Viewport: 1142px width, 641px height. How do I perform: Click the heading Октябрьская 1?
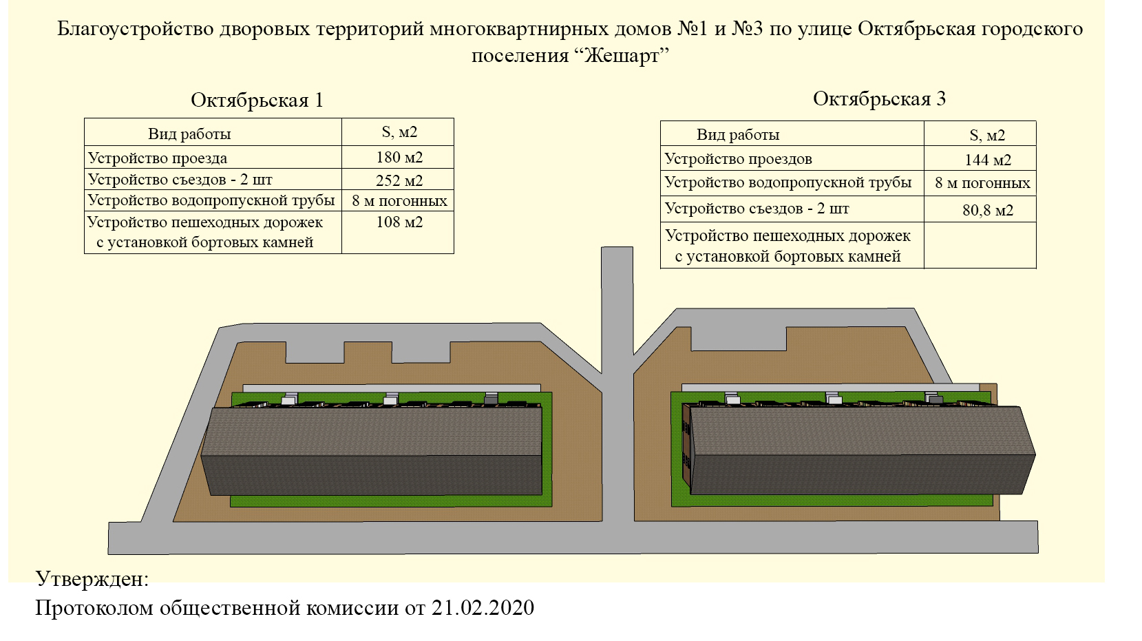(257, 100)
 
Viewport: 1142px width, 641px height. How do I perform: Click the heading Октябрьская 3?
(879, 99)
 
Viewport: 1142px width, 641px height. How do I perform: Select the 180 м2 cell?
(399, 157)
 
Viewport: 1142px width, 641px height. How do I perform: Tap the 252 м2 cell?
(399, 180)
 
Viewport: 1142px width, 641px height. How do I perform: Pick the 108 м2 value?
(399, 222)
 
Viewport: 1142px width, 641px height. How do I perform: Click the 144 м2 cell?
(988, 160)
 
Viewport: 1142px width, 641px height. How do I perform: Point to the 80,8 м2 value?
(988, 210)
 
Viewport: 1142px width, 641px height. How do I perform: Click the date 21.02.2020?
(483, 607)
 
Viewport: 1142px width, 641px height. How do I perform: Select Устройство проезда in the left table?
(158, 158)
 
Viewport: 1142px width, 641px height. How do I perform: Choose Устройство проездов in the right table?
(738, 158)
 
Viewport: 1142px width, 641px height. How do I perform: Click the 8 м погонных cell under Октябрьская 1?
(399, 200)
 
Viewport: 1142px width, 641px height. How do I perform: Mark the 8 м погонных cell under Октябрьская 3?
(982, 182)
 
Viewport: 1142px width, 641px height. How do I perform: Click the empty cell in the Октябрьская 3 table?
(980, 245)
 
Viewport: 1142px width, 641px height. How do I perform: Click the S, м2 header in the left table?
(399, 132)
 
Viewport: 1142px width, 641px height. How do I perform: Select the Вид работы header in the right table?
(738, 135)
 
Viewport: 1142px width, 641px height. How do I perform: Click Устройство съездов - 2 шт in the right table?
(757, 209)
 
